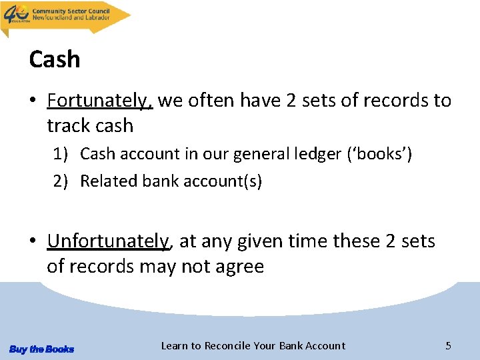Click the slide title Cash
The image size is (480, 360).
coord(55,59)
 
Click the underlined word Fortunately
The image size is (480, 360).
coord(100,101)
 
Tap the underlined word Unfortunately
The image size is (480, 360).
coord(109,241)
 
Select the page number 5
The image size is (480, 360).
coord(448,345)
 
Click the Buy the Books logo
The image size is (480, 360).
coord(41,349)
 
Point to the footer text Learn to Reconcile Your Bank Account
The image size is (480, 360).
coord(253,345)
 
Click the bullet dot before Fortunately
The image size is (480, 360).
coord(33,101)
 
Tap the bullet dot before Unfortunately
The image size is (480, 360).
coord(33,242)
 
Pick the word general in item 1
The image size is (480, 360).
coord(258,154)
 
